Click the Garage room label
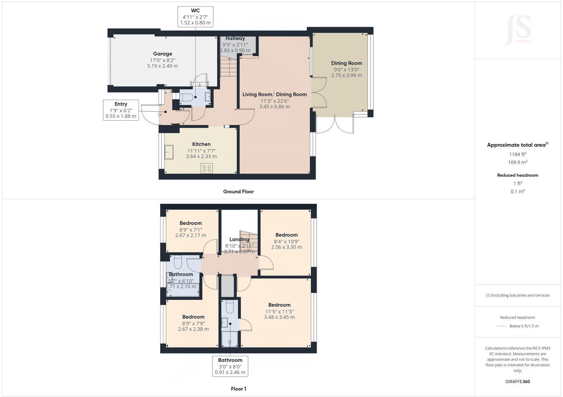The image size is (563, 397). [163, 54]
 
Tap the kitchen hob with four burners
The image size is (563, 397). [207, 168]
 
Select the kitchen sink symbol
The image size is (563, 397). [169, 152]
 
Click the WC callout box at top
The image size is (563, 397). [195, 17]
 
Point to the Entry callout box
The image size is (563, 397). [121, 110]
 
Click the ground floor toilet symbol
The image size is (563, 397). [186, 97]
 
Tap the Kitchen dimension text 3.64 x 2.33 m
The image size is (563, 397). [201, 156]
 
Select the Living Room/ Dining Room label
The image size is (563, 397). [274, 94]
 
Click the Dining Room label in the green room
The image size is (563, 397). [346, 63]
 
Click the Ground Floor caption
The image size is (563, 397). [238, 191]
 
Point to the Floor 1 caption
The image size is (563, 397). [238, 389]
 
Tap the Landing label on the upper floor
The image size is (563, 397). [239, 239]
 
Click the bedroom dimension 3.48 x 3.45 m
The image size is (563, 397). [279, 317]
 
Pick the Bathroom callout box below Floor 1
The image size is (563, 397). [230, 366]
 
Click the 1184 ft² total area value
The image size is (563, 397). [517, 154]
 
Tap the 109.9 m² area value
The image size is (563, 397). [517, 162]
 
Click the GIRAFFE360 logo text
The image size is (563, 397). [517, 382]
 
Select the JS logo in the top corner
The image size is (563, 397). [518, 30]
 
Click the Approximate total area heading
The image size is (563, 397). [517, 145]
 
